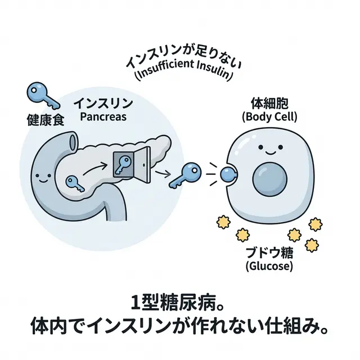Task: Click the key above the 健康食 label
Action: (x=42, y=95)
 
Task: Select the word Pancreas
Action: (x=104, y=117)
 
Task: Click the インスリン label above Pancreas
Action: (x=104, y=103)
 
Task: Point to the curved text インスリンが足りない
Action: (x=178, y=61)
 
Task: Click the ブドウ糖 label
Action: (x=269, y=251)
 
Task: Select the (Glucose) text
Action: (x=269, y=265)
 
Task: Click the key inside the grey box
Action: (x=123, y=164)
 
